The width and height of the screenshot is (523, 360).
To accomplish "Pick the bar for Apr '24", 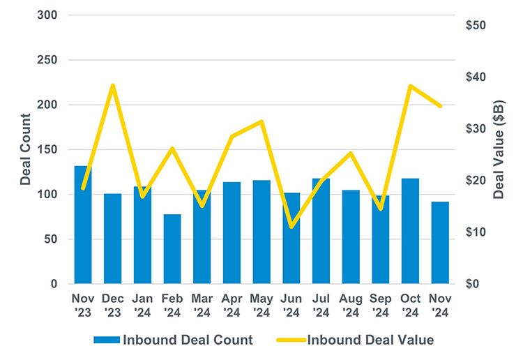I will pos(232,233).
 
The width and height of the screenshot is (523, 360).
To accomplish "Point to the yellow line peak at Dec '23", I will pos(113,86).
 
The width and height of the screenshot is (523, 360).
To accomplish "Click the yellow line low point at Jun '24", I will pos(291,227).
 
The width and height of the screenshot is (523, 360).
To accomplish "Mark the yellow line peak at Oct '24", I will pos(410,86).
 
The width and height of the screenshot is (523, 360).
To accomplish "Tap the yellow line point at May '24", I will pos(261,122).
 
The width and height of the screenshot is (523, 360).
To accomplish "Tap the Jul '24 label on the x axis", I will pos(321,305).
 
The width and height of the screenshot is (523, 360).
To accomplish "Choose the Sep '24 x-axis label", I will pos(380,305).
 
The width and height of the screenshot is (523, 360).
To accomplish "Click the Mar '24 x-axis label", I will pos(202,305).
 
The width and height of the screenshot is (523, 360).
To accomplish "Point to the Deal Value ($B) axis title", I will pos(499,149).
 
